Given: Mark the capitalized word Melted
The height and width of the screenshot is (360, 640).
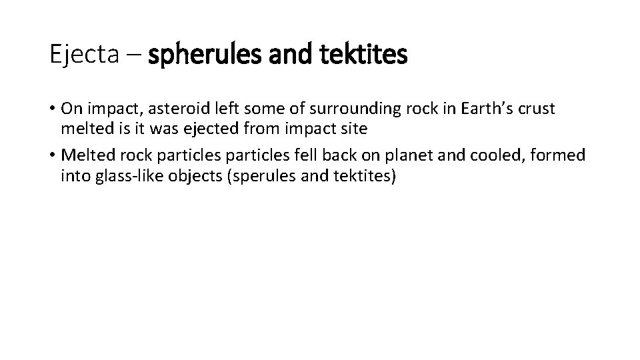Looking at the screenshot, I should pos(85,156).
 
